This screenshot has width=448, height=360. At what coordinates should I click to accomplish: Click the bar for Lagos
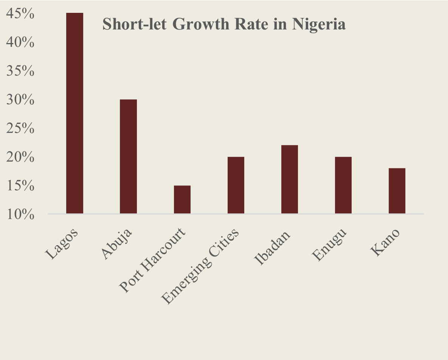(74, 113)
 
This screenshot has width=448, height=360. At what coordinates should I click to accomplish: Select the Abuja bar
(128, 156)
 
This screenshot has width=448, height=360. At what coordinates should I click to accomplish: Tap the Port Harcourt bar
(182, 199)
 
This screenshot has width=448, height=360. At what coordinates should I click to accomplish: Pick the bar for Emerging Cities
(236, 185)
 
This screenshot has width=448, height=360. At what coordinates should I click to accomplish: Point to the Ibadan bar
(290, 179)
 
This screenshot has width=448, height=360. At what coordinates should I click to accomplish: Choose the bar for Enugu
(343, 185)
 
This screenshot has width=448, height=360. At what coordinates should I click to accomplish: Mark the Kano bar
(397, 191)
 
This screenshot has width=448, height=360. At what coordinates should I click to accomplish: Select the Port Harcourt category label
(153, 261)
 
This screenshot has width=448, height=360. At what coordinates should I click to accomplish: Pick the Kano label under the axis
(385, 244)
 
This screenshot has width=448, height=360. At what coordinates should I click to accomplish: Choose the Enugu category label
(330, 245)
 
